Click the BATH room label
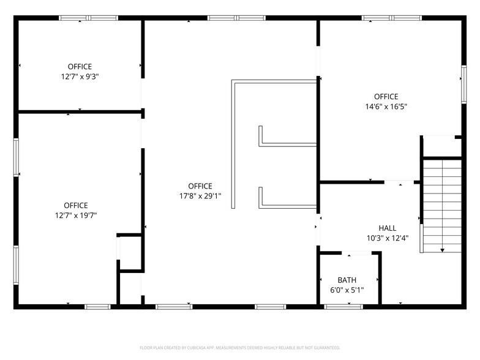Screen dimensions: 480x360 tap(347, 280)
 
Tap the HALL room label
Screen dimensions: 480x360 tap(388, 228)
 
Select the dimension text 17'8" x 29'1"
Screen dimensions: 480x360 tap(200, 196)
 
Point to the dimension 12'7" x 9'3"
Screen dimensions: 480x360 tap(80, 77)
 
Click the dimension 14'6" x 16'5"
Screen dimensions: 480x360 tap(386, 107)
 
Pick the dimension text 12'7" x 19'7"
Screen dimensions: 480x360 tap(76, 216)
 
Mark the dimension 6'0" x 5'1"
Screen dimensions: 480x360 tap(347, 290)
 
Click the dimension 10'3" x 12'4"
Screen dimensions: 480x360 tap(388, 238)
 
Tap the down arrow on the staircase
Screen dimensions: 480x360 tap(442, 250)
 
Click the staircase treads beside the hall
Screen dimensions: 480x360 tap(442, 206)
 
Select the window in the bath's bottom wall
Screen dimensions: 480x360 tap(343, 307)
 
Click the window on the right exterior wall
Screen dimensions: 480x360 tap(464, 84)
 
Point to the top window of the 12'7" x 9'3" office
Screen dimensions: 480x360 tap(88, 18)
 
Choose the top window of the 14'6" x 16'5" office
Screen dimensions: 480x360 tap(392, 18)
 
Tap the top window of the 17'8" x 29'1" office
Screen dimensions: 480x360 tap(236, 18)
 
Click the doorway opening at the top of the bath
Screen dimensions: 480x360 tap(356, 253)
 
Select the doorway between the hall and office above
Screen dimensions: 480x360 tap(399, 182)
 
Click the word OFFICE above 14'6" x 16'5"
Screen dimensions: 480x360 tap(386, 97)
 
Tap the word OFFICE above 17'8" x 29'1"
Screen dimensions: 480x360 tap(200, 186)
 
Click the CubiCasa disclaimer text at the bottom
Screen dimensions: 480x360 tap(240, 348)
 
